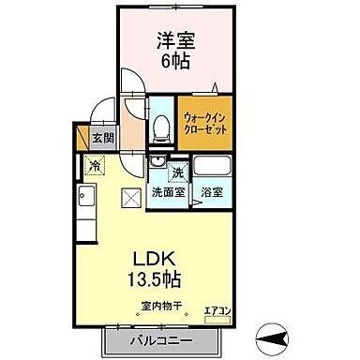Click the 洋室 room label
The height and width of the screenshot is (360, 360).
tap(176, 43)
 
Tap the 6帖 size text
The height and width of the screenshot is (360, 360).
tap(176, 63)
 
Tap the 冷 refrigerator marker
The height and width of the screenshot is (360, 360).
tap(95, 167)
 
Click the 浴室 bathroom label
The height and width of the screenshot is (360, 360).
tap(211, 193)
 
